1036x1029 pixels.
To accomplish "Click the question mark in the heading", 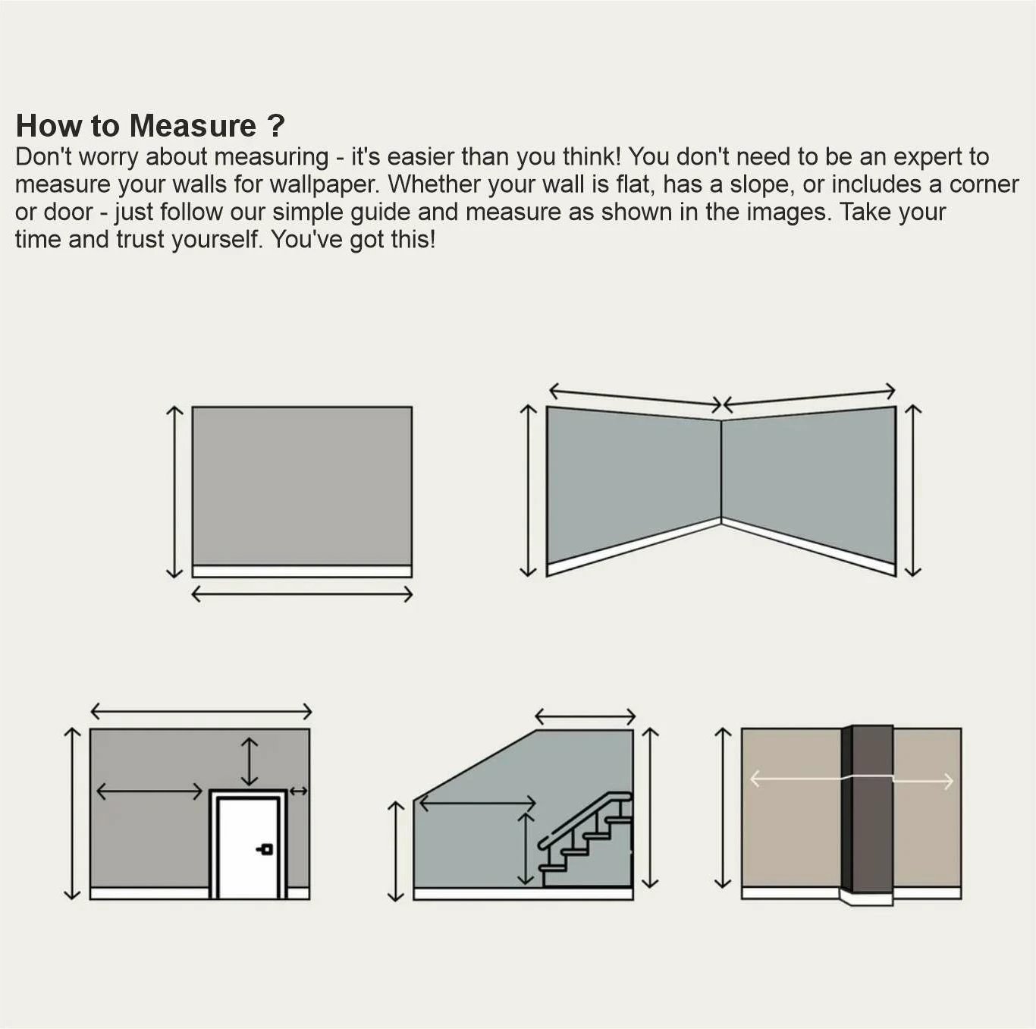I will pyautogui.click(x=276, y=126).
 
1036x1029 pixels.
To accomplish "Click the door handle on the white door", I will pyautogui.click(x=265, y=848).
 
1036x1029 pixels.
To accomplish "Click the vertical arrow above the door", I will pyautogui.click(x=249, y=761).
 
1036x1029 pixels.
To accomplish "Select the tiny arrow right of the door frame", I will pyautogui.click(x=298, y=791).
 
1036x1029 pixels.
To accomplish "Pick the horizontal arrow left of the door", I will pyautogui.click(x=149, y=791).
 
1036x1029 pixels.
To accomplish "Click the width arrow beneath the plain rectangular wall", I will pyautogui.click(x=302, y=594).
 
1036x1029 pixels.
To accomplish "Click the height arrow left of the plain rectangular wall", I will pyautogui.click(x=174, y=492).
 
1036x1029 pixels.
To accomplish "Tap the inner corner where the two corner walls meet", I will pyautogui.click(x=720, y=470).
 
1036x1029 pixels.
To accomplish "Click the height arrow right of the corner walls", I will pyautogui.click(x=913, y=490).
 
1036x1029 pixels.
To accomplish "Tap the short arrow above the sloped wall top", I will pyautogui.click(x=585, y=716).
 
